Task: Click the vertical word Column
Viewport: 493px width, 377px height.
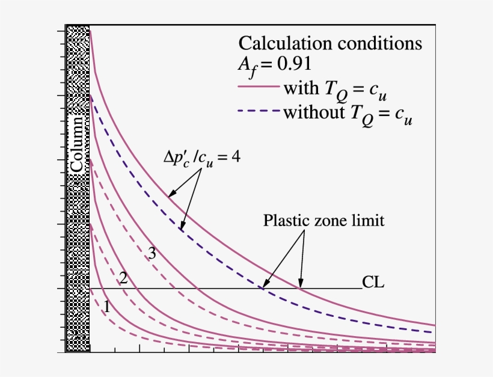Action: click(x=77, y=144)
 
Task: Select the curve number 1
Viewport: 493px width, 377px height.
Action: click(x=106, y=306)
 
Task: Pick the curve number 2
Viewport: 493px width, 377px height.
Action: click(x=123, y=278)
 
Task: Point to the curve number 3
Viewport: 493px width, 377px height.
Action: click(x=152, y=254)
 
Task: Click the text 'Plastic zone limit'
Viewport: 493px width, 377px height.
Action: click(x=323, y=221)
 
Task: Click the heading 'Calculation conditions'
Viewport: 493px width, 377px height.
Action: click(x=330, y=43)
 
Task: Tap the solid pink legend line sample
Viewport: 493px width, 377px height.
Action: click(x=259, y=88)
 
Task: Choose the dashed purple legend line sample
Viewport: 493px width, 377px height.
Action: click(x=259, y=112)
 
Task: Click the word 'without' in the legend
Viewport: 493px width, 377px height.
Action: click(x=311, y=112)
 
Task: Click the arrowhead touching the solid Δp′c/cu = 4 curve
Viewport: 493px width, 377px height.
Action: click(x=171, y=195)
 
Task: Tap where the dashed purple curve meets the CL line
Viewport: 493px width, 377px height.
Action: click(x=263, y=289)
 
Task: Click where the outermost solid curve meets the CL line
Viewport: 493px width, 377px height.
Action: click(x=300, y=289)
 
